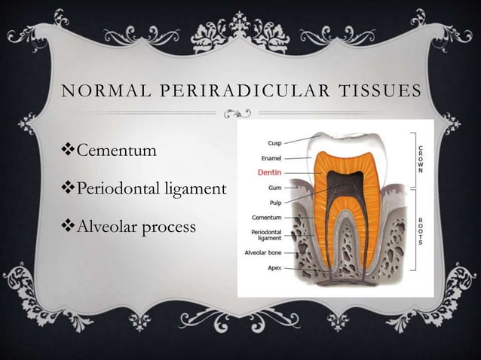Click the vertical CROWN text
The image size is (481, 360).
click(420, 159)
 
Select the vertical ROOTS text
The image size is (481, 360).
click(420, 231)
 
